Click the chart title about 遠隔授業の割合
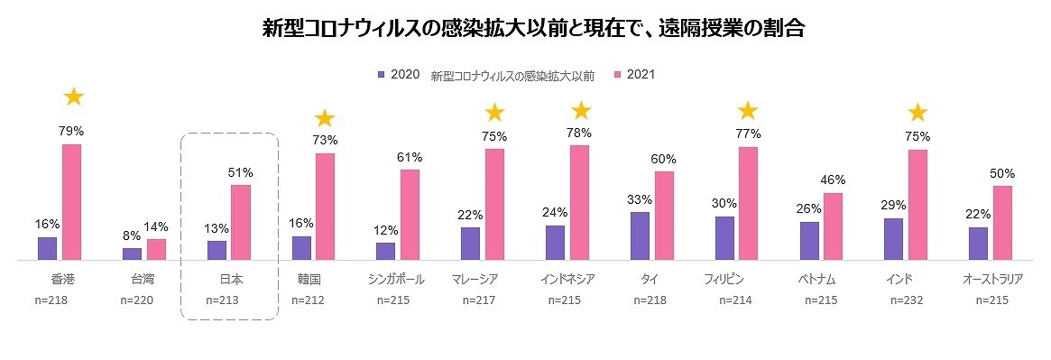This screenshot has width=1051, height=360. click(533, 28)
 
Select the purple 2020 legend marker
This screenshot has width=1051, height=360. click(382, 75)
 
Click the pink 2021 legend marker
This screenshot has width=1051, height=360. click(618, 75)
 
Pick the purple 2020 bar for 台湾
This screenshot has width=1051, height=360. click(132, 254)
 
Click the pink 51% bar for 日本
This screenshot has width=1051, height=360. click(241, 222)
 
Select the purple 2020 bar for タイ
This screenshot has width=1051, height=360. click(640, 235)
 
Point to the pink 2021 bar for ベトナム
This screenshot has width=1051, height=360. click(834, 226)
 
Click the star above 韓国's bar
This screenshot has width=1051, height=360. click(325, 118)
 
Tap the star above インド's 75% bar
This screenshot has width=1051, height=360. click(917, 113)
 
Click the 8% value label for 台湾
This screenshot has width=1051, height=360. click(132, 236)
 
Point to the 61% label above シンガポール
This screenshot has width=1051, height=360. click(410, 157)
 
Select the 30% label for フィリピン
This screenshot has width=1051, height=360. click(724, 204)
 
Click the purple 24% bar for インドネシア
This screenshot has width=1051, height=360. click(555, 243)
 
